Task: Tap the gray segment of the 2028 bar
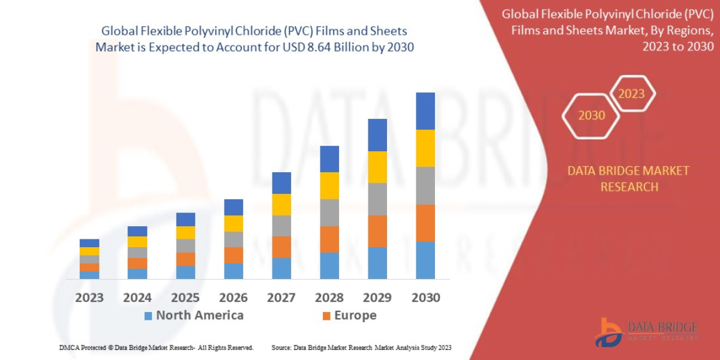tap(329, 212)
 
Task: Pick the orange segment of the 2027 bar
tap(281, 247)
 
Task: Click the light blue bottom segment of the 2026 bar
tap(233, 271)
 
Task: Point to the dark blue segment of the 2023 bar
tap(89, 243)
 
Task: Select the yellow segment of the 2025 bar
tap(185, 233)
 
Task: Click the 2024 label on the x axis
tap(137, 297)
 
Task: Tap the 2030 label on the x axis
tap(425, 297)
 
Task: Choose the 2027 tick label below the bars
tap(281, 297)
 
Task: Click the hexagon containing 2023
tap(631, 94)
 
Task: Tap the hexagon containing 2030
tap(592, 115)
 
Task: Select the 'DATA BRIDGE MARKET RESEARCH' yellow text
tap(628, 179)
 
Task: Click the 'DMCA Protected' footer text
tap(156, 347)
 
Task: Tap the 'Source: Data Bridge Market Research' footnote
tap(361, 347)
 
